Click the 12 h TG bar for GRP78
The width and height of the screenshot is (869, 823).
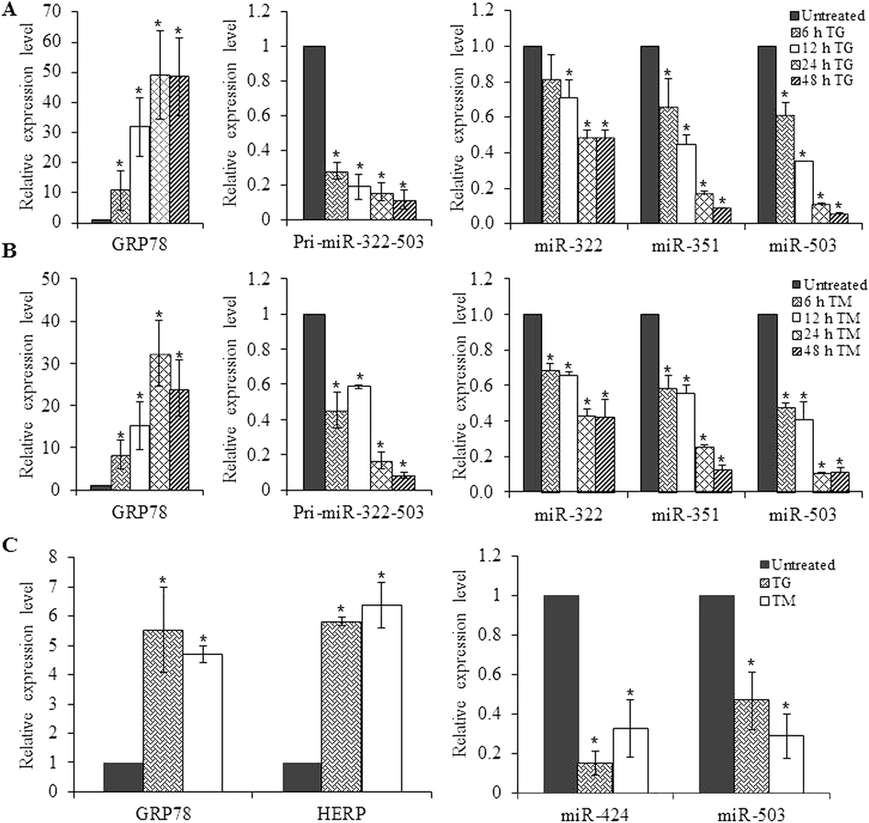click(x=140, y=175)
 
